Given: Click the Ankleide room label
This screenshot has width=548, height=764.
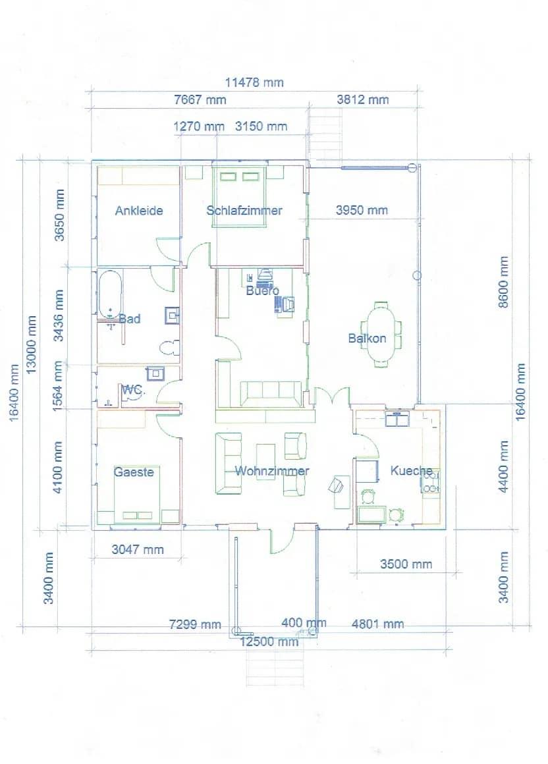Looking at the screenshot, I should (138, 211).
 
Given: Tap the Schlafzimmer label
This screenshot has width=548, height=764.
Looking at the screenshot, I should (244, 211).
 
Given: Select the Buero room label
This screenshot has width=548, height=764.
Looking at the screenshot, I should (262, 290).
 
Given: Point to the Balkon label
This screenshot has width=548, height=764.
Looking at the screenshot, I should (367, 339).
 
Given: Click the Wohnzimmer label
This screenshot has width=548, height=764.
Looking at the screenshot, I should (272, 471).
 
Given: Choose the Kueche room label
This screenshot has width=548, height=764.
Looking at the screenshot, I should (412, 470).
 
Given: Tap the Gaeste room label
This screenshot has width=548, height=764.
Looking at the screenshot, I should (134, 472).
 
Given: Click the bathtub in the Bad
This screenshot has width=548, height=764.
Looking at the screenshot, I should (110, 294).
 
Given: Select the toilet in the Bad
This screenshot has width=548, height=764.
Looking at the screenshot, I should (170, 348).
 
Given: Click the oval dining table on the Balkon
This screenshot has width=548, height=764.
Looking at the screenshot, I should (382, 334).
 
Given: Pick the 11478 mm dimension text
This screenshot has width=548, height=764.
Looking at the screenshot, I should (254, 82).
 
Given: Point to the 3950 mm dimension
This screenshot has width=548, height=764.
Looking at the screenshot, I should (362, 211).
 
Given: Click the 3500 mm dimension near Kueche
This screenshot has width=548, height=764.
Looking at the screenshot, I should (406, 564).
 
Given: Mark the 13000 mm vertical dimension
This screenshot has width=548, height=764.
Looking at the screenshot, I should (32, 344).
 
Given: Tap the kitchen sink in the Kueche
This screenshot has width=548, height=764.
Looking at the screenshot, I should (398, 419).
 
